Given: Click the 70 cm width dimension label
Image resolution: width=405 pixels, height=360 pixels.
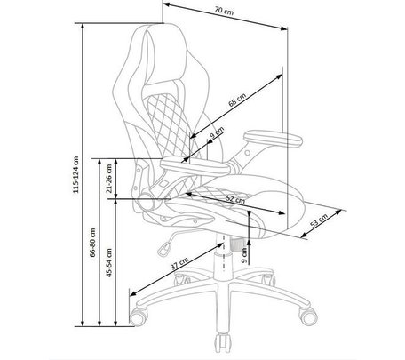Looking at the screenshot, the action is pyautogui.click(x=224, y=11).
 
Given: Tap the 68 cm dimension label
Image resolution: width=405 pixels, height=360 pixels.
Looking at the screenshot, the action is pyautogui.click(x=237, y=100).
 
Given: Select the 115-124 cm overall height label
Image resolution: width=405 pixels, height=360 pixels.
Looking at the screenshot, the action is pyautogui.click(x=76, y=174).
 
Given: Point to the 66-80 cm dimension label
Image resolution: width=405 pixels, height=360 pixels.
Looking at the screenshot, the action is pyautogui.click(x=93, y=242).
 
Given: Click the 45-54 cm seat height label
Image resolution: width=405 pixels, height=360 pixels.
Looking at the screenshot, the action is pyautogui.click(x=109, y=262).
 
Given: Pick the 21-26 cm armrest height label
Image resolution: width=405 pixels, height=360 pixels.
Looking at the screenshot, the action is pyautogui.click(x=109, y=179).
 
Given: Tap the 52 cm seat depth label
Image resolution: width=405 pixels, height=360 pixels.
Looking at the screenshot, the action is pyautogui.click(x=235, y=199).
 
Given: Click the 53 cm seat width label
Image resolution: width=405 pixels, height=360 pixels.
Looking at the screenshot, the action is pyautogui.click(x=319, y=220).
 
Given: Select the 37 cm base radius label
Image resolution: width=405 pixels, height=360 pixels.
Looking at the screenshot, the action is pyautogui.click(x=179, y=263).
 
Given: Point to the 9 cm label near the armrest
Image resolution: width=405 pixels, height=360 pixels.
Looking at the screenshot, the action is pyautogui.click(x=217, y=132).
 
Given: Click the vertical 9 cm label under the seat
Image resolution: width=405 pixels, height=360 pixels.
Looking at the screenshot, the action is pyautogui.click(x=244, y=255).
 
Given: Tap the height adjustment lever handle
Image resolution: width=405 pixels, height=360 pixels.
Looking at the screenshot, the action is pyautogui.click(x=164, y=248).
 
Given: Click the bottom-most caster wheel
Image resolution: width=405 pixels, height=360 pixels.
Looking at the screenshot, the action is pyautogui.click(x=223, y=343).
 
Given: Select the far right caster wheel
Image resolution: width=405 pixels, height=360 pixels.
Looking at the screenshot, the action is pyautogui.click(x=308, y=316).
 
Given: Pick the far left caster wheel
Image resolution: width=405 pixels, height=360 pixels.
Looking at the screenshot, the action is pyautogui.click(x=138, y=316).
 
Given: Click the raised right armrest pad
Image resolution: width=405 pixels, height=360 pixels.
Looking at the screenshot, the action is pyautogui.click(x=273, y=139).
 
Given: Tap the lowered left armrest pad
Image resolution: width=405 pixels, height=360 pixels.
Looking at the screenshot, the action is pyautogui.click(x=195, y=166).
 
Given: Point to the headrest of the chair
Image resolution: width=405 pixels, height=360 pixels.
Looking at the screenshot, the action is pyautogui.click(x=164, y=55).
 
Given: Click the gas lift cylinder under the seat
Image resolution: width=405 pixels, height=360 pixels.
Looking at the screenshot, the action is pyautogui.click(x=223, y=256).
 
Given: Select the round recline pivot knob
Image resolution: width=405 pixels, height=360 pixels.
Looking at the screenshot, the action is pyautogui.click(x=146, y=201).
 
